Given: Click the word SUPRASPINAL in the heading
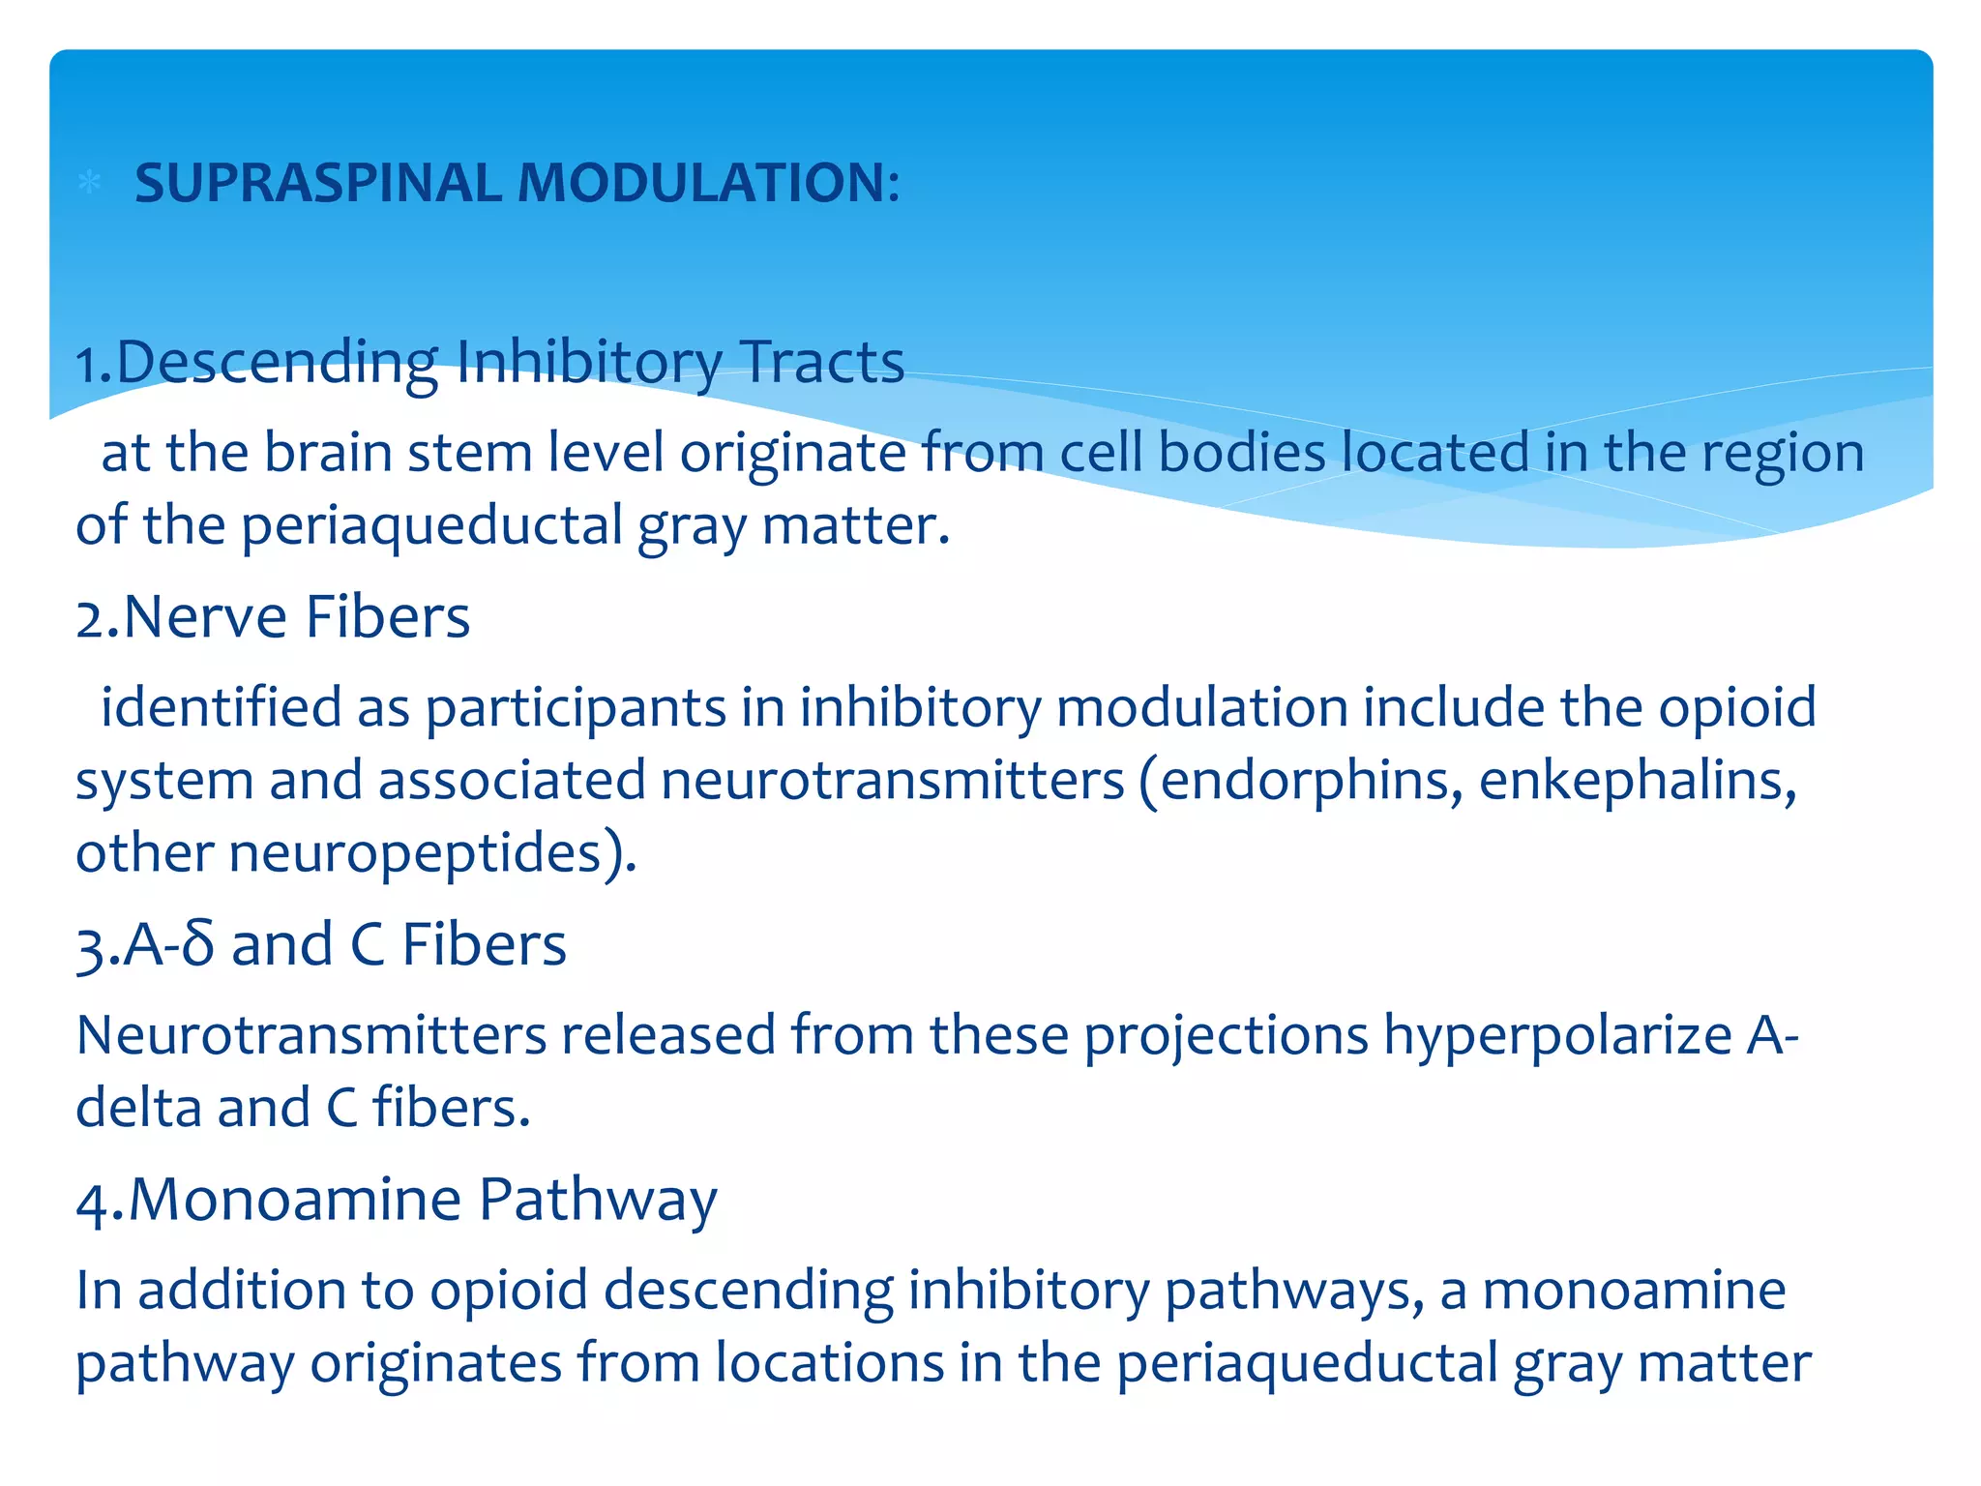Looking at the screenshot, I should (x=316, y=183).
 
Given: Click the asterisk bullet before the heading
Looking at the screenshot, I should (x=89, y=182).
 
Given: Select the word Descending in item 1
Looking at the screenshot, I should (x=277, y=363).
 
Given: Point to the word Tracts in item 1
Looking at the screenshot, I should (x=822, y=363).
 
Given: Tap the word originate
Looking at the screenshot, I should (x=792, y=453).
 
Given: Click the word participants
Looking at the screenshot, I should (x=576, y=708).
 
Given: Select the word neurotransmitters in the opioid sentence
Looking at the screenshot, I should (x=892, y=781).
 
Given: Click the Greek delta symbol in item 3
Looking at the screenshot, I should (x=197, y=945).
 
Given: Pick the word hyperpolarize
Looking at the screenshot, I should (x=1557, y=1035).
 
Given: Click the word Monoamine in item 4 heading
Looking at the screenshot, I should (x=294, y=1200).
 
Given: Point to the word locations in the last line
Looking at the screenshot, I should (x=829, y=1364).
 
